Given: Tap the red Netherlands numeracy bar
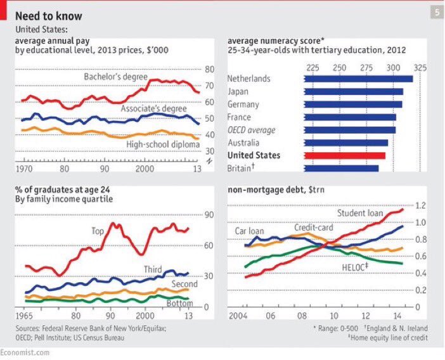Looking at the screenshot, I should (x=358, y=79).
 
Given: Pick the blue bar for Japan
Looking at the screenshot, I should (x=353, y=91).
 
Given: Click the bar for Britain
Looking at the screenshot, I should (x=341, y=168).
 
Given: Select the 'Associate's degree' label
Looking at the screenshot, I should (x=154, y=109).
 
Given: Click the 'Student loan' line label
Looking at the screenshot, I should (x=359, y=213).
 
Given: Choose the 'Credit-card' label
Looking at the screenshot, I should (x=310, y=227).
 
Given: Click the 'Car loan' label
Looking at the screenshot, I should (x=250, y=231).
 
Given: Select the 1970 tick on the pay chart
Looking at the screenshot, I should (x=23, y=170).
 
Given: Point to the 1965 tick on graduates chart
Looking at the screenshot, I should (x=23, y=315).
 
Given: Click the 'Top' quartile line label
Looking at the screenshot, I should (x=97, y=231).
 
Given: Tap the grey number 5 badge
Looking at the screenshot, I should (x=437, y=11).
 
